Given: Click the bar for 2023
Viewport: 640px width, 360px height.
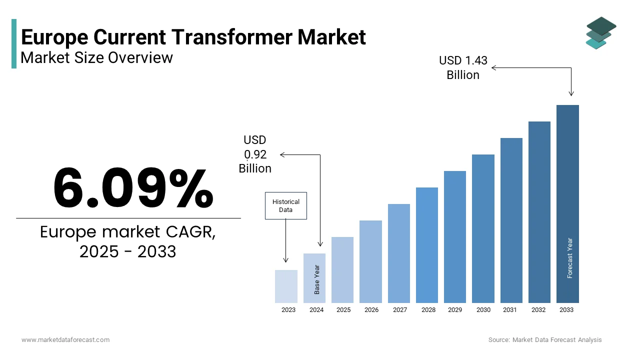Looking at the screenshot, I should pyautogui.click(x=286, y=286).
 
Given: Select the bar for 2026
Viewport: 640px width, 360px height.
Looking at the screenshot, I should pyautogui.click(x=370, y=261).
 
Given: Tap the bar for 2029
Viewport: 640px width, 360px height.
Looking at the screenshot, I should pyautogui.click(x=455, y=236).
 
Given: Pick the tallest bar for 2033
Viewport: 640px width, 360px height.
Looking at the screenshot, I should pyautogui.click(x=567, y=203).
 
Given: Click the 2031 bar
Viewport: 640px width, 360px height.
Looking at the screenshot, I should pyautogui.click(x=511, y=220).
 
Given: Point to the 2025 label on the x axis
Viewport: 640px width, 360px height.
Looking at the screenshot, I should pyautogui.click(x=343, y=310).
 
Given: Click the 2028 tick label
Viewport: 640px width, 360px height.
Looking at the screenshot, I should pyautogui.click(x=428, y=310).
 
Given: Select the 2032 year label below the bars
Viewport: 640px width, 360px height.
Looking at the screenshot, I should pyautogui.click(x=538, y=310).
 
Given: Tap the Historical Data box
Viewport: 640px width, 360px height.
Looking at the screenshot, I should pyautogui.click(x=285, y=205).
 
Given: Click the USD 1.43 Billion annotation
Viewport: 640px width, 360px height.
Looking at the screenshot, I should pyautogui.click(x=463, y=67).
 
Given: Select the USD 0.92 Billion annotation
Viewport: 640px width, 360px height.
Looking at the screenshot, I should pyautogui.click(x=255, y=154).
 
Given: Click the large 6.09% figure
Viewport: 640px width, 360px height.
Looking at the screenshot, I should pyautogui.click(x=133, y=188).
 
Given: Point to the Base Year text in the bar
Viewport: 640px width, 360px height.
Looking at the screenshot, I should pyautogui.click(x=317, y=279).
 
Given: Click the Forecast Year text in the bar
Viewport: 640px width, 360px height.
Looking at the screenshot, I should pyautogui.click(x=570, y=257).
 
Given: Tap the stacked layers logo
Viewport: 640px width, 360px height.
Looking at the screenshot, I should pyautogui.click(x=600, y=33).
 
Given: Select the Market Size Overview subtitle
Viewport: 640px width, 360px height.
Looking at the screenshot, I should pyautogui.click(x=96, y=57).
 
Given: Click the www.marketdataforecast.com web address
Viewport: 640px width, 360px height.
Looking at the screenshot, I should pyautogui.click(x=65, y=340).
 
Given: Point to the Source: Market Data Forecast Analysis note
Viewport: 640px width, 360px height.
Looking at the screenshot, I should pyautogui.click(x=545, y=340).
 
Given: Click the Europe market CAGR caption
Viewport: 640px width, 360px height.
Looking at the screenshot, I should pyautogui.click(x=128, y=241).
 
